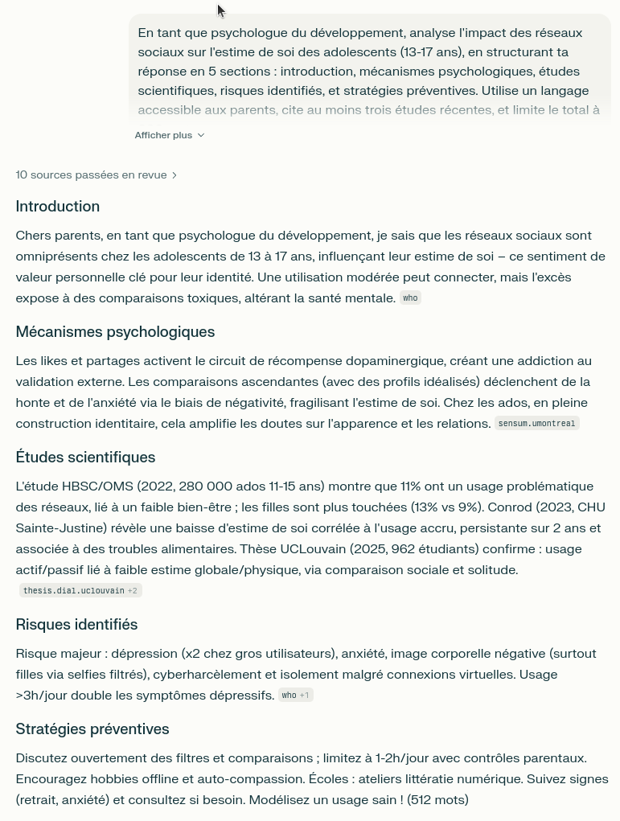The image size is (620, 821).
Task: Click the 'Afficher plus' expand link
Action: point(163,135)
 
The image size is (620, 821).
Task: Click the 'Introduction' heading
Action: point(58,207)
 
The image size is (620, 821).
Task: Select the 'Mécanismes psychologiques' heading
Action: point(115,332)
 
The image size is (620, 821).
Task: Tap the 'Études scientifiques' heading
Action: point(85,458)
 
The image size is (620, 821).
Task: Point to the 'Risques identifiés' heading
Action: point(76,625)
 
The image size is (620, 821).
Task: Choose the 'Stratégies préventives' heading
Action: point(92,729)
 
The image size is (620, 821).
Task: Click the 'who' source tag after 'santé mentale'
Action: point(410,298)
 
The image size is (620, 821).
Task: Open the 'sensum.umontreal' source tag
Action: point(536,424)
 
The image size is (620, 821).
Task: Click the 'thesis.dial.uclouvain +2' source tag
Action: point(80,591)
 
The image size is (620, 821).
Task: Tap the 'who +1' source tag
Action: point(295,696)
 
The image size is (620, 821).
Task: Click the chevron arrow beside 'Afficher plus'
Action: point(201,135)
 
